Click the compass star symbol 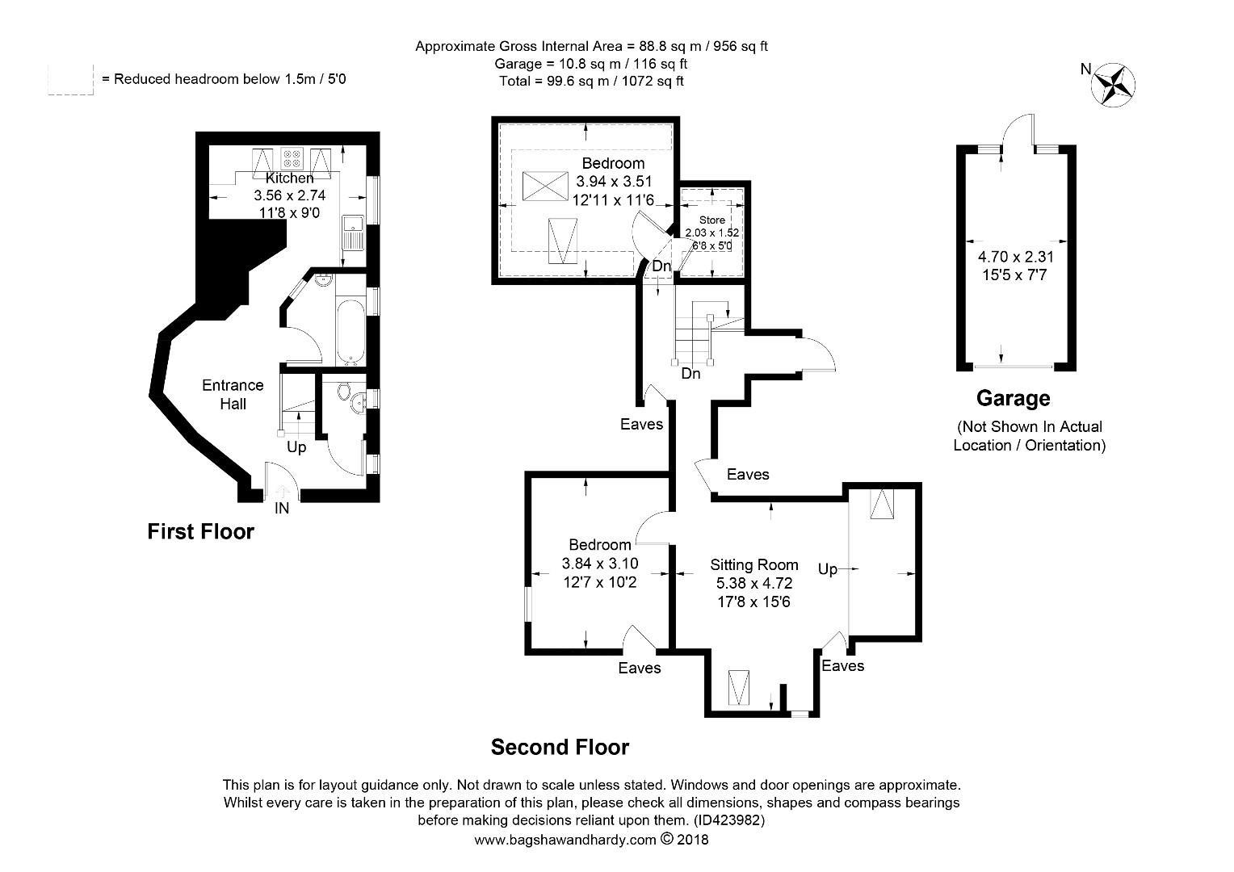coord(1113,86)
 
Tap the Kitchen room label coord(289,178)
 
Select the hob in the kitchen coord(292,158)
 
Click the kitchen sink coord(352,233)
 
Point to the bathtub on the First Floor coord(350,332)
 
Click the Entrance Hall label coord(233,394)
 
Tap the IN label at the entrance coord(282,508)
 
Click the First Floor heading coord(200,531)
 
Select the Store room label coord(712,220)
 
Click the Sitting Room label coord(753,564)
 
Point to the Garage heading coord(1013,398)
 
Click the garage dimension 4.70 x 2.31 coord(1015,257)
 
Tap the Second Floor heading coord(560,748)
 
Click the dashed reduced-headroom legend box coord(70,80)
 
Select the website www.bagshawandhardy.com coord(565,840)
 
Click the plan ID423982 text coord(729,820)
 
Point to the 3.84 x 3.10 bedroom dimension coord(600,564)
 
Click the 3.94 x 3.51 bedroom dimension coord(614,181)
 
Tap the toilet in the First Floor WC coord(344,392)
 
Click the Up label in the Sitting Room coord(828,569)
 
